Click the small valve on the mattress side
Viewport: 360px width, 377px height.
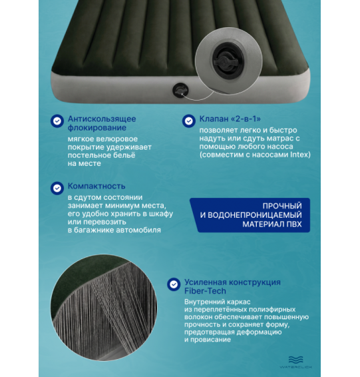point(180,91)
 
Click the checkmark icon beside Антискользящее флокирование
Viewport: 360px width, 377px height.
point(57,121)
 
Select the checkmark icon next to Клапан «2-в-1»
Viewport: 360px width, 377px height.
point(189,121)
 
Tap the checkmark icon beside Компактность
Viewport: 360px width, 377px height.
point(57,188)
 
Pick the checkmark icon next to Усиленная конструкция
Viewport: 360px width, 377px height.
point(174,284)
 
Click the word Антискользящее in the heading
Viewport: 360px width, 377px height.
point(102,119)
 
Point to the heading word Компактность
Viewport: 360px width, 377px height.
point(96,186)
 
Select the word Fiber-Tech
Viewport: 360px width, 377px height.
point(205,291)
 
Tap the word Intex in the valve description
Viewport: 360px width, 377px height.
point(300,155)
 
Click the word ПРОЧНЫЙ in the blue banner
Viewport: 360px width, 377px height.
point(282,206)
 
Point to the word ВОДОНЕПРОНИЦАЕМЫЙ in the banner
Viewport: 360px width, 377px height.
point(255,215)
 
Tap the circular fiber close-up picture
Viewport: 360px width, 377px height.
point(104,307)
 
